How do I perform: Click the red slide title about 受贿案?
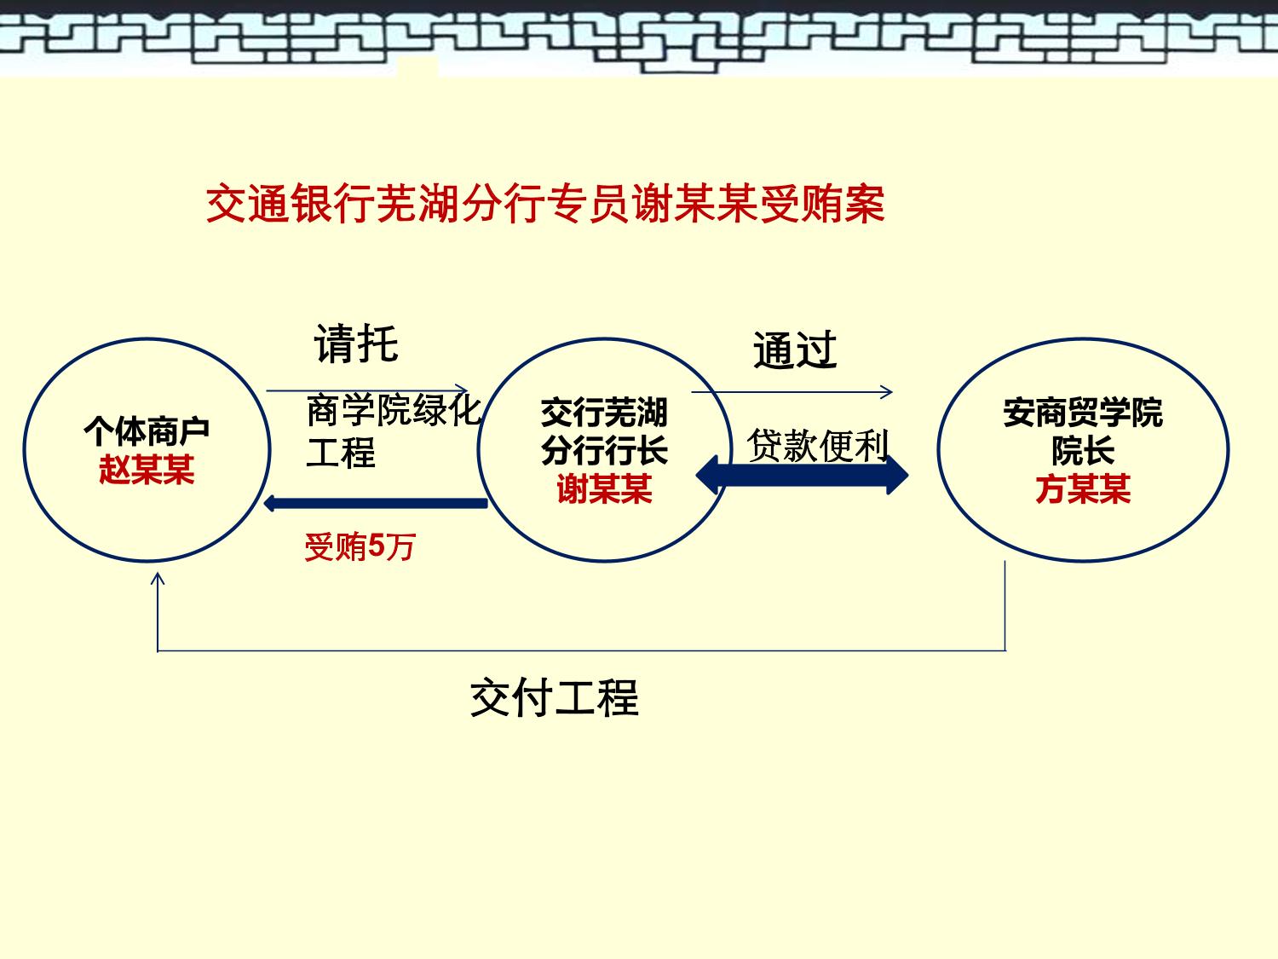(545, 204)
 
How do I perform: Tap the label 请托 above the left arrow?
(356, 344)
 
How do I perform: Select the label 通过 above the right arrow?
(795, 350)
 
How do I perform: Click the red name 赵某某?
(147, 470)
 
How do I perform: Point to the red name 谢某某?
(604, 488)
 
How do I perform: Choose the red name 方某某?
(1083, 488)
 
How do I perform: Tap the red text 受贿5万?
(360, 546)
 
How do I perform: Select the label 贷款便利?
(818, 445)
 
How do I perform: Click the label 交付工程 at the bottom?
(555, 697)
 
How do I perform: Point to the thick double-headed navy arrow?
(803, 475)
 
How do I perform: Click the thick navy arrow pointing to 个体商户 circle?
(376, 503)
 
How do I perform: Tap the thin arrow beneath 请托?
(367, 390)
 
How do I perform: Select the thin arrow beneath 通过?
(792, 392)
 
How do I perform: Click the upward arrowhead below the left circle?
(158, 578)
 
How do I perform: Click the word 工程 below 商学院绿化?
(341, 453)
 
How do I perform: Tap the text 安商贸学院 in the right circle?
(1083, 413)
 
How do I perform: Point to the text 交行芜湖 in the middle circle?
(604, 413)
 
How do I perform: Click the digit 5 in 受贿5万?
(377, 546)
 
